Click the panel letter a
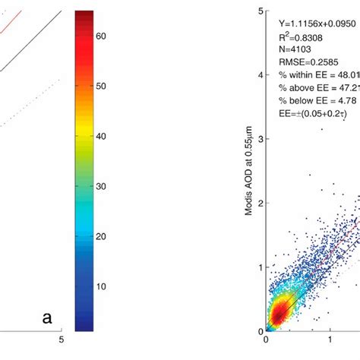pyautogui.click(x=47, y=318)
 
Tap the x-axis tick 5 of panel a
pyautogui.click(x=62, y=340)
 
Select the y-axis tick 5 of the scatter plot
pyautogui.click(x=260, y=11)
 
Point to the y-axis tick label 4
pyautogui.click(x=260, y=75)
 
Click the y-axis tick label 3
pyautogui.click(x=260, y=139)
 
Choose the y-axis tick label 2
pyautogui.click(x=260, y=204)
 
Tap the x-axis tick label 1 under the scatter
pyautogui.click(x=330, y=340)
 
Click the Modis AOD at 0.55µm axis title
pyautogui.click(x=248, y=171)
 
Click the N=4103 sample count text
pyautogui.click(x=297, y=53)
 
